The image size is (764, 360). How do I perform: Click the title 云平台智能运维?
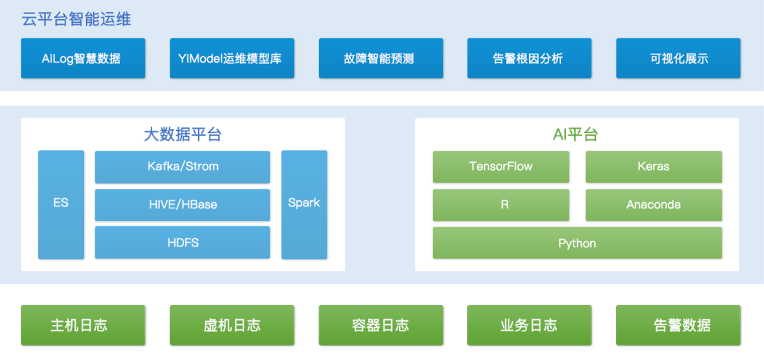[x=76, y=18]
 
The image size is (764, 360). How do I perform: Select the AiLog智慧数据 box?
[x=83, y=59]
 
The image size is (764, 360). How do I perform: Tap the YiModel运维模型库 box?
[x=232, y=59]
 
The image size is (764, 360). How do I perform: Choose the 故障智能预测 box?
[x=381, y=59]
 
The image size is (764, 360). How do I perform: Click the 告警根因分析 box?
[x=529, y=59]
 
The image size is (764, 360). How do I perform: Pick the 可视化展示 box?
[x=678, y=59]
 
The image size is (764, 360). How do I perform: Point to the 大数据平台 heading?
[x=183, y=134]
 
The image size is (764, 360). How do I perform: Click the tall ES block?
[x=61, y=204]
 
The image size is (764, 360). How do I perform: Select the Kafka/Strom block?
[x=182, y=167]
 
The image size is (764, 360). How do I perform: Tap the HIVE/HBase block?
[x=182, y=205]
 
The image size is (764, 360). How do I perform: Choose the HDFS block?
[x=182, y=242]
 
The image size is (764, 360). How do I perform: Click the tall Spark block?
[x=304, y=204]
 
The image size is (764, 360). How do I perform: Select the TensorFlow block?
[x=501, y=166]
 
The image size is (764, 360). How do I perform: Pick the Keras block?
[x=654, y=166]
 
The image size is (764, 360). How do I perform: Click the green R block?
[x=501, y=205]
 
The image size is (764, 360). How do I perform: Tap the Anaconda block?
[x=654, y=205]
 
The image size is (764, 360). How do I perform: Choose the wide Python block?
[x=577, y=243]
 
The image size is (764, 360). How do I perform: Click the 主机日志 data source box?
[x=83, y=325]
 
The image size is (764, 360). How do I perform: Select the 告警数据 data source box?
[x=678, y=325]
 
